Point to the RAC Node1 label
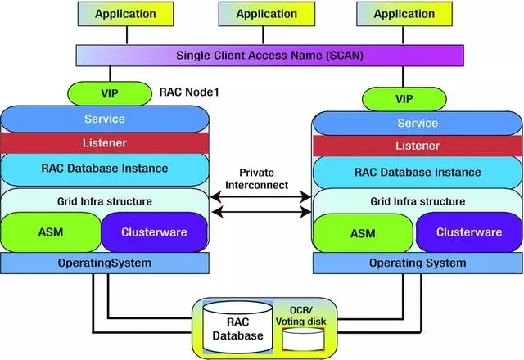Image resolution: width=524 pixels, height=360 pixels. click(185, 92)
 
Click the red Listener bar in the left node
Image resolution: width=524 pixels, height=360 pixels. click(104, 142)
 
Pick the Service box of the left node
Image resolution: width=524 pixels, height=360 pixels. click(104, 119)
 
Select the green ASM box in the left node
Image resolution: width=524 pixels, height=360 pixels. click(51, 232)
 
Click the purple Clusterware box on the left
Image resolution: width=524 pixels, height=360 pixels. click(153, 232)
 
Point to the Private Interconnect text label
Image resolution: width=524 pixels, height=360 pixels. click(261, 178)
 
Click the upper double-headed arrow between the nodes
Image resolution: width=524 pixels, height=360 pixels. click(261, 197)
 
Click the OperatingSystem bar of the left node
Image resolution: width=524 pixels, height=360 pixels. click(104, 263)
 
